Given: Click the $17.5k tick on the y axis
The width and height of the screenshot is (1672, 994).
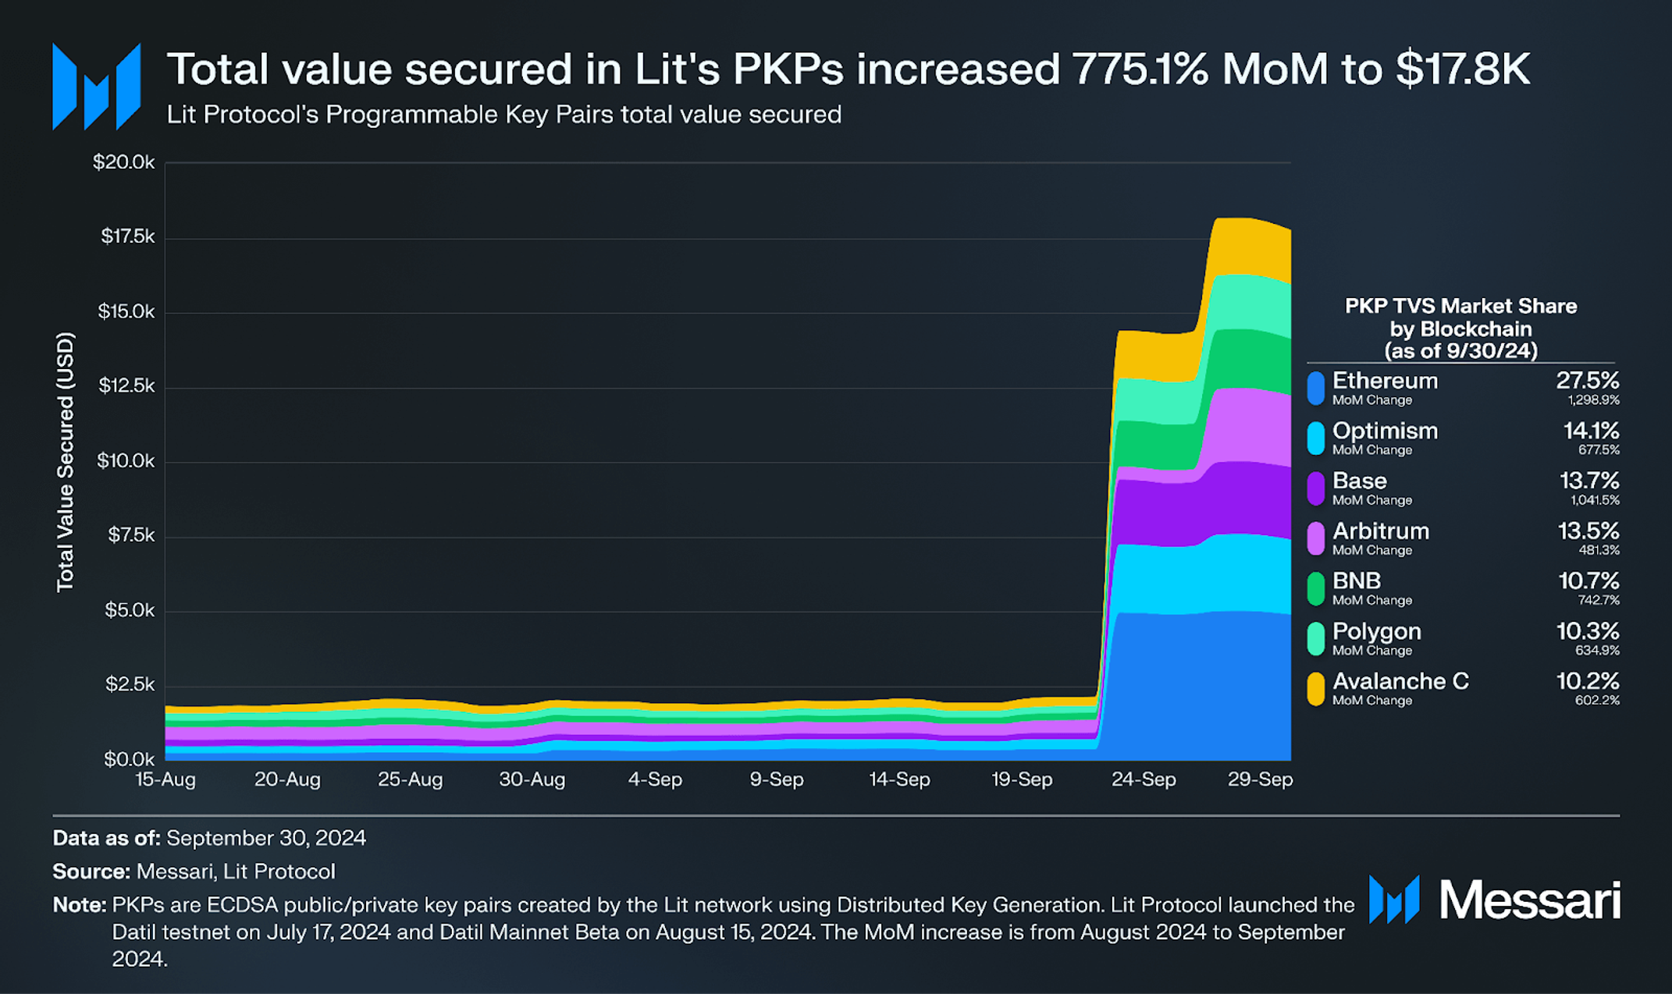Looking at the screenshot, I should click(x=127, y=236).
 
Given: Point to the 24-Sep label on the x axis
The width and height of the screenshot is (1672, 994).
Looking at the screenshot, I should click(x=1143, y=779).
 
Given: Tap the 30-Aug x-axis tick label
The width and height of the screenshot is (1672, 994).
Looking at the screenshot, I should click(x=532, y=779).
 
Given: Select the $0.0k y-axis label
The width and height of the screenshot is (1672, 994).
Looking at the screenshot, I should click(x=129, y=759).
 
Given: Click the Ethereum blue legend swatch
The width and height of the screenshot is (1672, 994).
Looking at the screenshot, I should click(x=1315, y=388).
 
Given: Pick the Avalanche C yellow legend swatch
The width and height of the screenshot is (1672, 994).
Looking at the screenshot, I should click(x=1315, y=689).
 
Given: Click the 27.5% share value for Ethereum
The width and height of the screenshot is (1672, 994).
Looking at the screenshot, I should click(x=1587, y=381).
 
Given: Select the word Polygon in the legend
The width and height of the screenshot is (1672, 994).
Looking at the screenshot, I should click(x=1376, y=631).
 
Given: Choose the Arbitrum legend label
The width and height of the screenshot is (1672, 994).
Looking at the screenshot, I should click(x=1380, y=531).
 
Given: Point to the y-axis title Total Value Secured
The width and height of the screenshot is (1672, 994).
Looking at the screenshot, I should click(x=66, y=462).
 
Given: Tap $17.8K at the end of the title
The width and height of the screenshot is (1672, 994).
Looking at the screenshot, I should click(x=1462, y=69).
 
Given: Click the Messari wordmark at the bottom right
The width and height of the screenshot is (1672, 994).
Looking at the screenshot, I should click(x=1529, y=900).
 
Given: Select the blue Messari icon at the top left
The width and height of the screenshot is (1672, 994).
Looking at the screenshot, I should click(x=96, y=86).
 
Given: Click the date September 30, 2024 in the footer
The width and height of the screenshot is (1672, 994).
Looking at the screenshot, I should click(x=265, y=838).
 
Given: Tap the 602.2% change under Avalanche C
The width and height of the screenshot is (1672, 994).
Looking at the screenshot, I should click(x=1597, y=701).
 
